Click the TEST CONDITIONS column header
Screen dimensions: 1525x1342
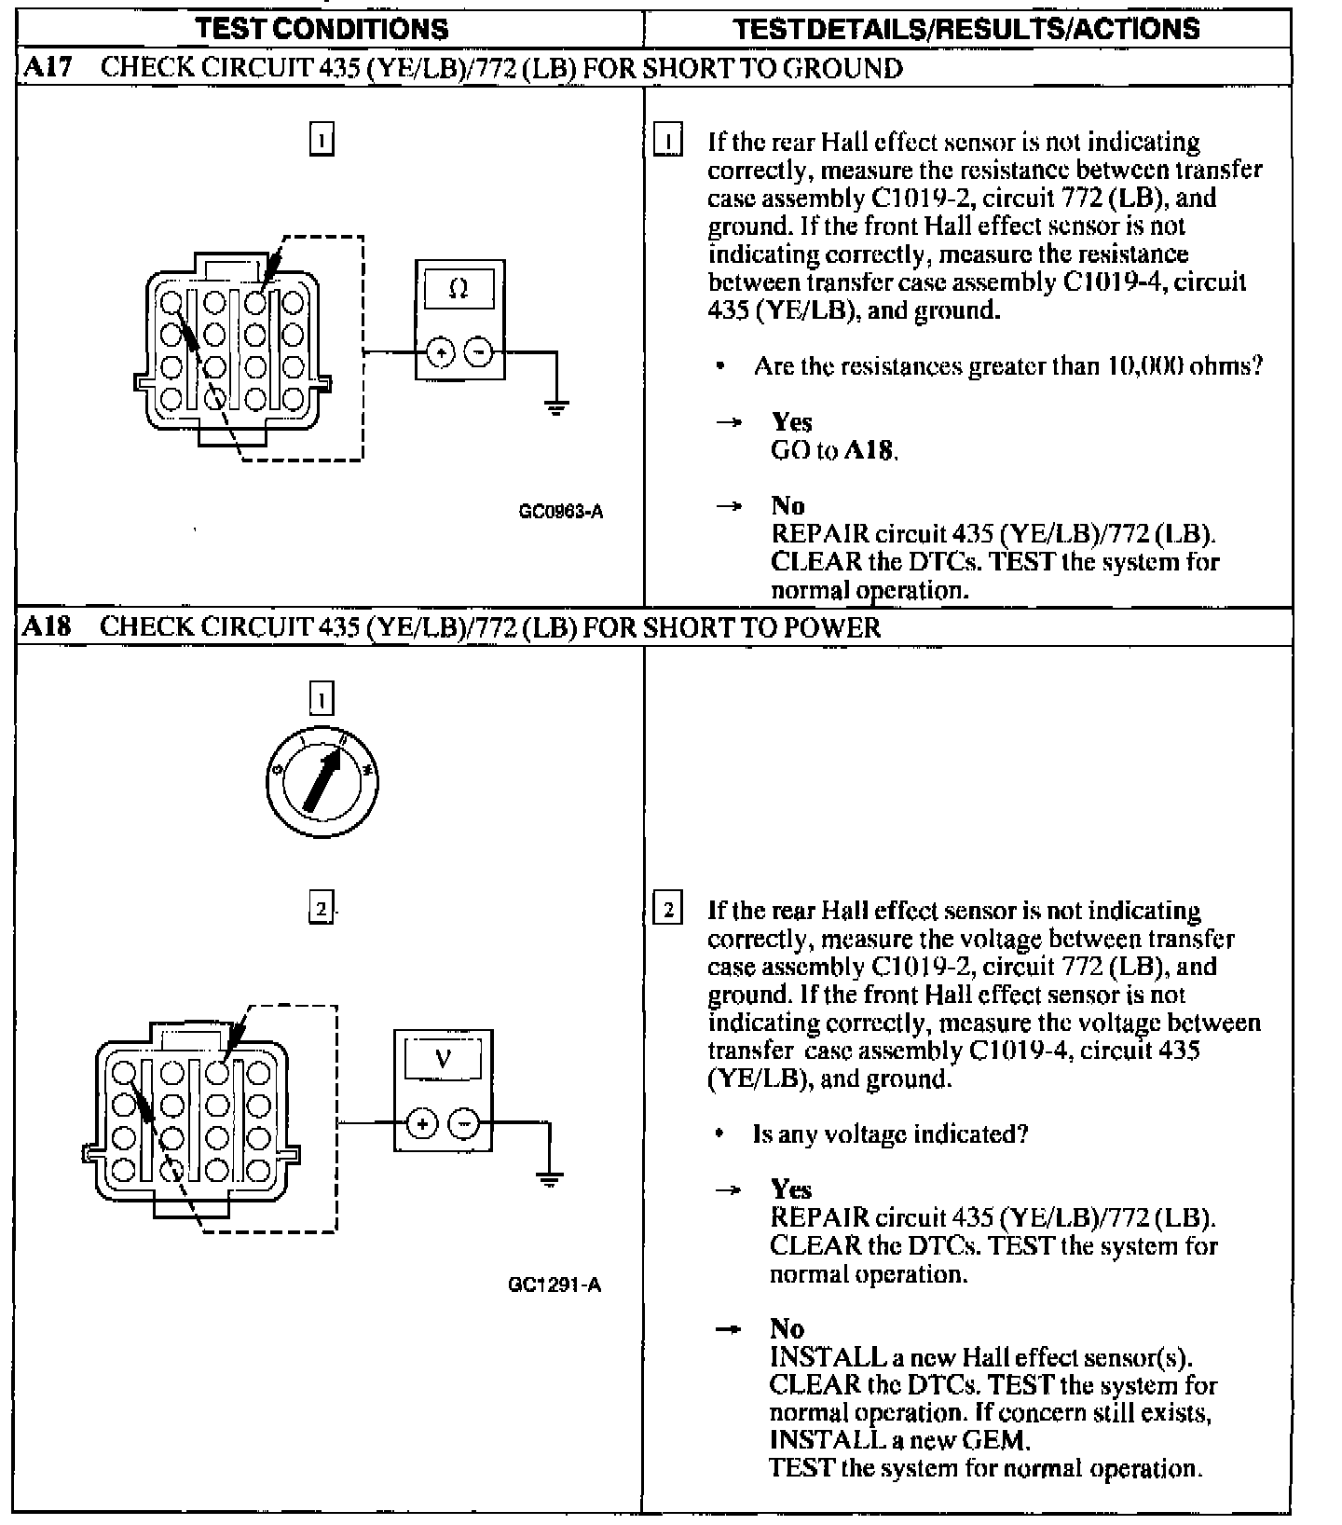pos(322,28)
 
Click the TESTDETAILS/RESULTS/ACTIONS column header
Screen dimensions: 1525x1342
pos(966,28)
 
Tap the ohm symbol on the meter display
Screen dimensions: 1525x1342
pos(458,289)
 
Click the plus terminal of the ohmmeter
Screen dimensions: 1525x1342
pos(440,352)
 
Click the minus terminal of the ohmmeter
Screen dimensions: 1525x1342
pos(478,352)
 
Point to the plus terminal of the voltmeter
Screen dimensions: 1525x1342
pos(422,1123)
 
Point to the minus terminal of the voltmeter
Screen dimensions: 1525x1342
pos(464,1123)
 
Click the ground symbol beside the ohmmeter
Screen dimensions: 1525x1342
pos(556,406)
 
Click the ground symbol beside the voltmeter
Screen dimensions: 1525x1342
pos(551,1178)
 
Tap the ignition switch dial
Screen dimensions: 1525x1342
pos(322,781)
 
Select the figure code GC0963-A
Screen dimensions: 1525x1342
pos(561,511)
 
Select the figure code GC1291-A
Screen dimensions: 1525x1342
pos(555,1285)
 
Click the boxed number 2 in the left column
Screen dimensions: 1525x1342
pos(321,907)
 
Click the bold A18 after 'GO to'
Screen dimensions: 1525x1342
pos(870,451)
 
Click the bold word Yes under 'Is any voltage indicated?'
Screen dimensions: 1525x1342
pos(790,1189)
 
